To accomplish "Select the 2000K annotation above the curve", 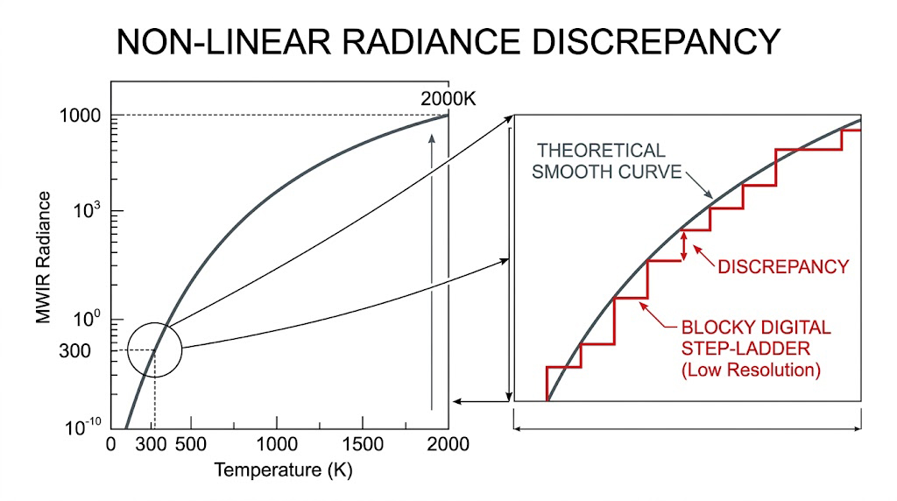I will [x=448, y=99].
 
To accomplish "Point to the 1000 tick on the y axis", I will [x=80, y=116].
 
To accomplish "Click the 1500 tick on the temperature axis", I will [x=364, y=444].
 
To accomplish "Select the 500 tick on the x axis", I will [x=190, y=444].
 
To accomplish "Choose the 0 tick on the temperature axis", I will [x=110, y=444].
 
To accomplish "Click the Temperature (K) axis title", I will [x=283, y=470].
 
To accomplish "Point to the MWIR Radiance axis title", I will [x=44, y=262].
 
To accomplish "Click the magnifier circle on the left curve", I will [x=154, y=349].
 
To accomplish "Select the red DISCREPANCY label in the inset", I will [x=783, y=266].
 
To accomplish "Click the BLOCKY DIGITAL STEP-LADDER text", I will [x=756, y=338].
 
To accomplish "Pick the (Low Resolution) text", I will [x=752, y=370].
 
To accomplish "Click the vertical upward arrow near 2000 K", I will [x=431, y=272].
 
